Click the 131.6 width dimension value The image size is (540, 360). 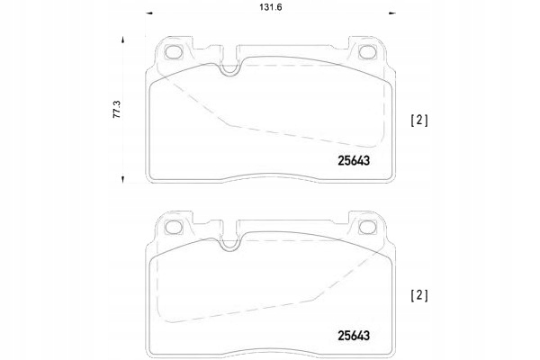pyautogui.click(x=271, y=7)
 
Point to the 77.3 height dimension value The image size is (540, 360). pyautogui.click(x=117, y=110)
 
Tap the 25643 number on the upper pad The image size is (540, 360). pyautogui.click(x=354, y=160)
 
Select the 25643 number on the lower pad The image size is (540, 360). pyautogui.click(x=354, y=336)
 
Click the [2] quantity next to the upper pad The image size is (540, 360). pyautogui.click(x=419, y=121)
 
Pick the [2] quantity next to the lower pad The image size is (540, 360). pyautogui.click(x=419, y=295)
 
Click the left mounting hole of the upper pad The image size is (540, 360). pyautogui.click(x=173, y=52)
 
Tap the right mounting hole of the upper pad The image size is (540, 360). pyautogui.click(x=367, y=52)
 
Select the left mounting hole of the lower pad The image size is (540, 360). pyautogui.click(x=173, y=228)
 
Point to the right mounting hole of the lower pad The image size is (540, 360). pyautogui.click(x=367, y=228)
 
